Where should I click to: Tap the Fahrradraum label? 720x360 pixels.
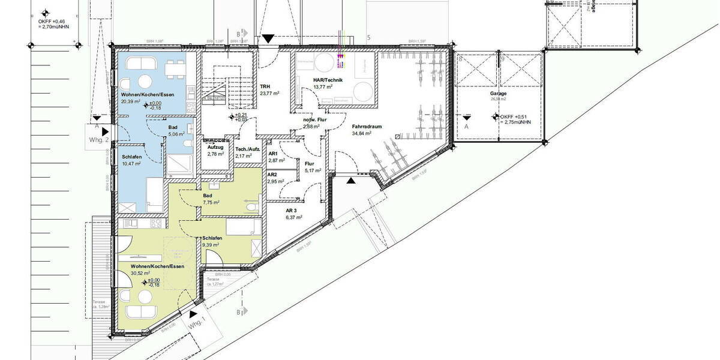coord(367,127)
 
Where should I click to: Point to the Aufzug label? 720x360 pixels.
coord(215,147)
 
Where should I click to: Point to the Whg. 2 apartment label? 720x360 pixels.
coord(98,140)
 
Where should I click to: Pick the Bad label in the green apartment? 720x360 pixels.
coord(208,196)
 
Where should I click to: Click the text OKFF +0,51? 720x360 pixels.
coord(515,117)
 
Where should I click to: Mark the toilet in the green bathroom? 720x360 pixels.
coord(253,206)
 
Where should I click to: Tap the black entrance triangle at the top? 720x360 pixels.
coord(268,39)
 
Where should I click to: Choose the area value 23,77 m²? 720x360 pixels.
coord(268,94)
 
